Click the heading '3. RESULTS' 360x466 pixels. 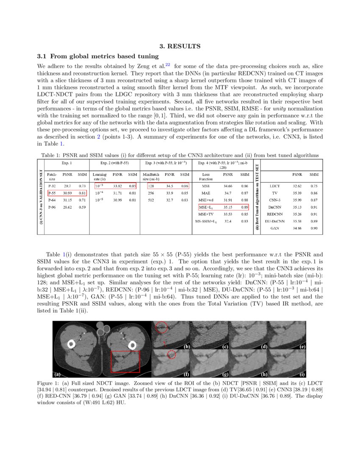click(x=180, y=46)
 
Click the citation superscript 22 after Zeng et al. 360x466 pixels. click(x=168, y=65)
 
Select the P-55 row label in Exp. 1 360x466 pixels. click(x=52, y=193)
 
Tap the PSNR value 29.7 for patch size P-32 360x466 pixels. click(x=67, y=186)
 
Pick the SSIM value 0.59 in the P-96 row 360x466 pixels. click(x=82, y=207)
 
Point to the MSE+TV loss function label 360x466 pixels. click(x=205, y=214)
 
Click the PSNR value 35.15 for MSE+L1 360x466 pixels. click(x=227, y=207)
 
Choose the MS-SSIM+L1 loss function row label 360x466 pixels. click(x=205, y=221)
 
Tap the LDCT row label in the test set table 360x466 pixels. click(x=274, y=186)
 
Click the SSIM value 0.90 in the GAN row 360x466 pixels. click(x=314, y=228)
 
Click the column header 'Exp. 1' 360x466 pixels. click(x=67, y=163)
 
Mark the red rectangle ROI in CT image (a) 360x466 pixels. click(x=125, y=361)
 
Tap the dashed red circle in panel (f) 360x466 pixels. click(x=171, y=355)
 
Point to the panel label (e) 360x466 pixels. click(x=302, y=347)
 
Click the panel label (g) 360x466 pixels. click(x=225, y=374)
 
